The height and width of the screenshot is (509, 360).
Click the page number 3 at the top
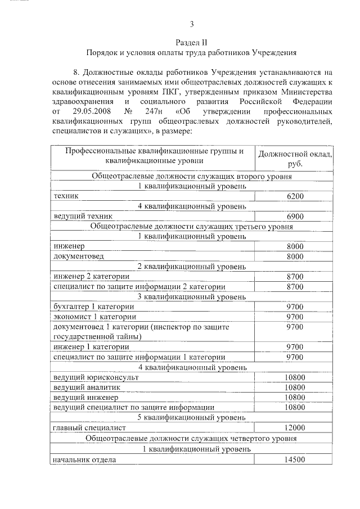[191, 24]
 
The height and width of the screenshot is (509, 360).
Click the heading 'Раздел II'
[191, 42]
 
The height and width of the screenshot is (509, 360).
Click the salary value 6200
[295, 196]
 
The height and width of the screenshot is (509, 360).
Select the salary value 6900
[295, 217]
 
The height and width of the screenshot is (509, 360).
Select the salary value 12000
[295, 427]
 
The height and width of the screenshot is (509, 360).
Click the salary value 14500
[295, 460]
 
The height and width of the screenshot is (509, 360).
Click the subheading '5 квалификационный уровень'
[192, 417]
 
